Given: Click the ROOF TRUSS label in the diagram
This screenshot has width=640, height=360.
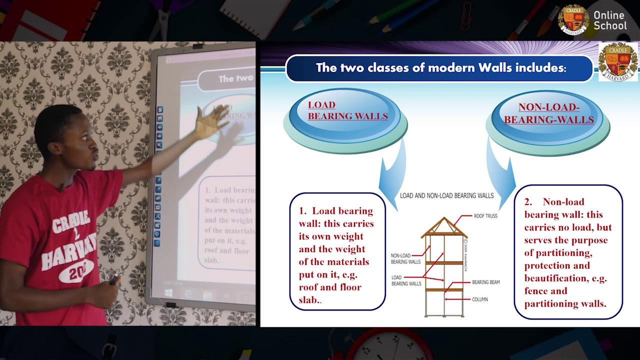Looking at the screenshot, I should pos(485,216).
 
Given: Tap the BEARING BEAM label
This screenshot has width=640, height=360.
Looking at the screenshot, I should pos(485,282).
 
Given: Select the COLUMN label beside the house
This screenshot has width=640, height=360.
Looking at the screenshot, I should pos(479,299).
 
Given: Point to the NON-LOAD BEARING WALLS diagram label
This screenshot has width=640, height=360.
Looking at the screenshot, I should pos(405,258).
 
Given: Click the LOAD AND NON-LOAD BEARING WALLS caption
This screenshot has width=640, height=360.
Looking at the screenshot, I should pos(446,195).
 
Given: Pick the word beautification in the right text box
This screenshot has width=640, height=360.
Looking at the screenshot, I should pos(555,278).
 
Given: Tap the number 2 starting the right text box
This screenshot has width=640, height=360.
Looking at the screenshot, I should pos(528,202).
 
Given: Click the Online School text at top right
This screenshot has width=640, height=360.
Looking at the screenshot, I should pos(609,20).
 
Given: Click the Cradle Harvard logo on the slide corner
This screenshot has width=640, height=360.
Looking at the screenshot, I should pos(618,61).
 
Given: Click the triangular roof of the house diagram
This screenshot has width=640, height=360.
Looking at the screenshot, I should pos(443,227).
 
